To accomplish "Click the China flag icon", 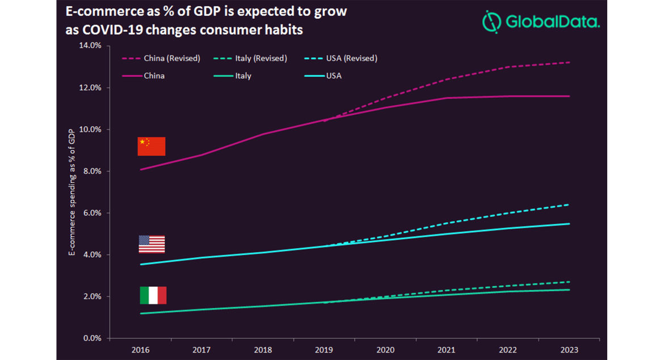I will point(152,146).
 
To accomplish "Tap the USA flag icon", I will point(152,244).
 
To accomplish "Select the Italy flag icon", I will point(153,295).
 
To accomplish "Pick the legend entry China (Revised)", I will point(161,58).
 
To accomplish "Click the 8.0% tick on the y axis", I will point(92,171).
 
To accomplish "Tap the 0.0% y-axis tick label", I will point(92,338).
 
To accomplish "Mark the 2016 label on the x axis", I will point(140,350).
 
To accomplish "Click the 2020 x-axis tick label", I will point(385,350).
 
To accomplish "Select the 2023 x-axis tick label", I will point(569,350).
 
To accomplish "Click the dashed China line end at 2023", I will point(569,62).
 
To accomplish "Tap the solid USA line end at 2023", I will point(569,224).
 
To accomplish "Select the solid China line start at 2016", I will point(140,169).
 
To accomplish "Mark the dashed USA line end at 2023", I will point(569,204).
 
